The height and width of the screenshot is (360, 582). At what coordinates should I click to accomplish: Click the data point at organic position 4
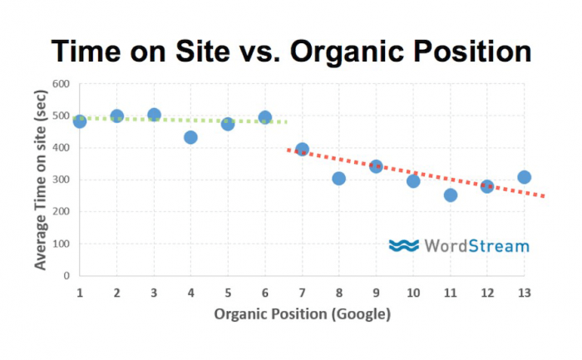point(190,138)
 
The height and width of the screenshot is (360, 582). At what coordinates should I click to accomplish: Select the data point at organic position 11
point(451,195)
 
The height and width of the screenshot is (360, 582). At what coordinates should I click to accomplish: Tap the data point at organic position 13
point(524,177)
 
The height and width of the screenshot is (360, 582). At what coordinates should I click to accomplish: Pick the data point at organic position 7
point(302,150)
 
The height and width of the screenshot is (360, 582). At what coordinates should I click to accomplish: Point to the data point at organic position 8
point(339,179)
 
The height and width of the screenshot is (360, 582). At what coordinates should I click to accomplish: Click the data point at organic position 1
point(80,121)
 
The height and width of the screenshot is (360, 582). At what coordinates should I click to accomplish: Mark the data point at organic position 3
point(154,115)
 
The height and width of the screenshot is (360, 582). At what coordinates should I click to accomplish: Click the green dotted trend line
point(180,120)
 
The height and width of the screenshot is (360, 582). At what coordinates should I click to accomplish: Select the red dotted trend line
point(416,173)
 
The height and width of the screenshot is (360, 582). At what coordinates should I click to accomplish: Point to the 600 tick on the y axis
point(61,84)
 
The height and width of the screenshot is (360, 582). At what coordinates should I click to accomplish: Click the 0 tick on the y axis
point(67,276)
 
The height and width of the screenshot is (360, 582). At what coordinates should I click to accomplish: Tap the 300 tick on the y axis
point(61,180)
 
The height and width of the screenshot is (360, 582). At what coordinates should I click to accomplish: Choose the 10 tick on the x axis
point(413,293)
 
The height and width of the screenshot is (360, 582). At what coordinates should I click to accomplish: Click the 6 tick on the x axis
point(265,293)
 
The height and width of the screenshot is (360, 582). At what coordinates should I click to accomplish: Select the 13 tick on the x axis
point(524,293)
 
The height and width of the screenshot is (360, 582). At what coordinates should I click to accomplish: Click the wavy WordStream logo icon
point(404,246)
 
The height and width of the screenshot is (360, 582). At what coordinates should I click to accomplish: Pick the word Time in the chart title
point(86,52)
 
